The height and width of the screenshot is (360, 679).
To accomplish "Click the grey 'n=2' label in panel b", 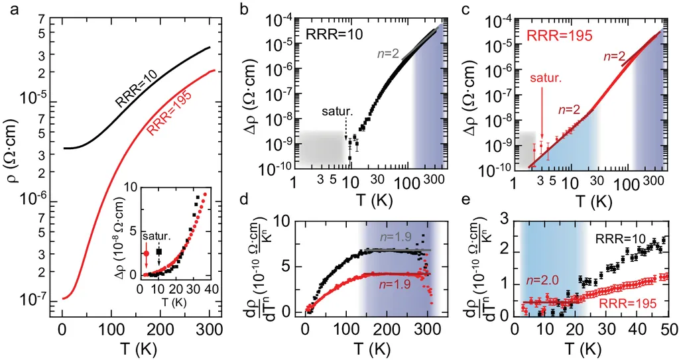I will tap(392, 54).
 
